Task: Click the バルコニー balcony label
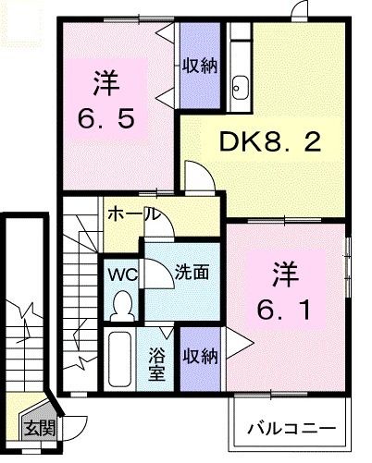pyautogui.click(x=291, y=429)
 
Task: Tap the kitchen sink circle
pyautogui.click(x=241, y=89)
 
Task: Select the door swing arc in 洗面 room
pyautogui.click(x=157, y=277)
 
